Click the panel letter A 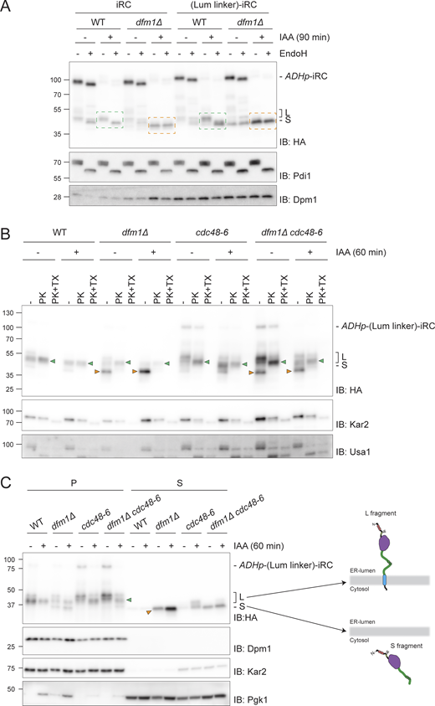7,7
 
